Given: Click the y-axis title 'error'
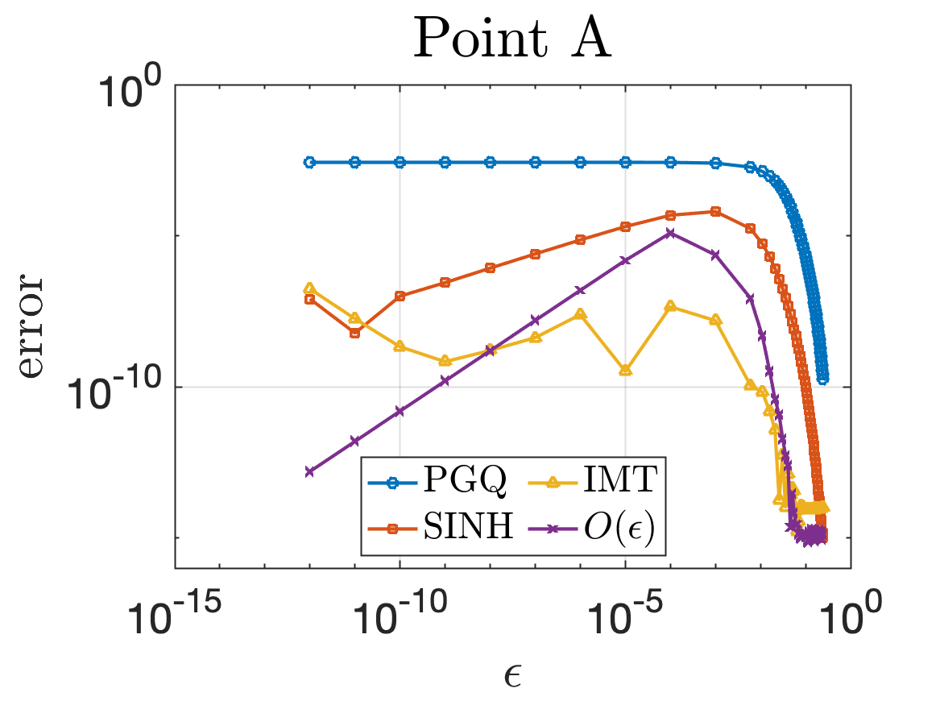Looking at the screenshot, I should pyautogui.click(x=35, y=326).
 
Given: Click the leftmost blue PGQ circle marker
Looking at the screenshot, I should pyautogui.click(x=309, y=162).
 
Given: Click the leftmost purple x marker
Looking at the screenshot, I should pyautogui.click(x=309, y=471).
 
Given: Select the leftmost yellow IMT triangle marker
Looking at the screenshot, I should pyautogui.click(x=309, y=288).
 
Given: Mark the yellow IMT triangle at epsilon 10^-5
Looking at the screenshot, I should pyautogui.click(x=625, y=370).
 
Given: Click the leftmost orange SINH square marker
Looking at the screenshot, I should pyautogui.click(x=309, y=299).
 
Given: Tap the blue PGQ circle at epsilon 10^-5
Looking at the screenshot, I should pyautogui.click(x=625, y=162).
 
